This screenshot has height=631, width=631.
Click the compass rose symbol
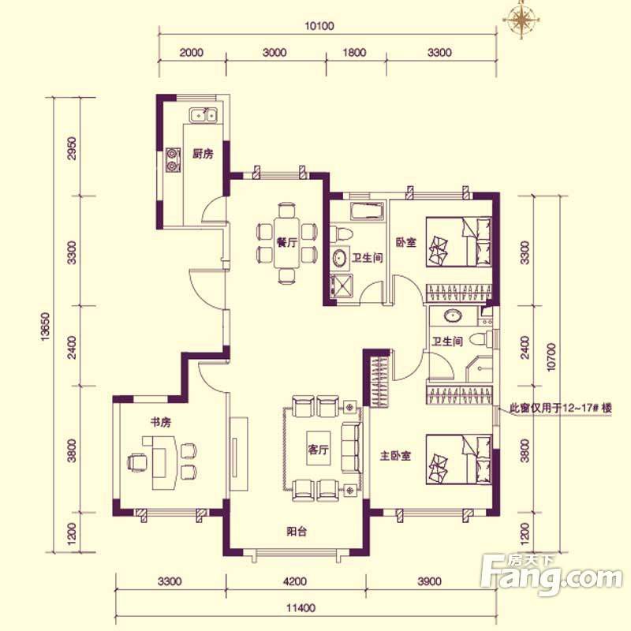point(522,19)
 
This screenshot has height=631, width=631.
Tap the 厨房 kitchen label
point(203,154)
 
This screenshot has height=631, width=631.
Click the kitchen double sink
point(203,114)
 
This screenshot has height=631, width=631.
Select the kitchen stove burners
point(173,160)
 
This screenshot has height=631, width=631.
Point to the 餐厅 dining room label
point(287,243)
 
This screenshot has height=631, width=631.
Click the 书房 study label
point(161,422)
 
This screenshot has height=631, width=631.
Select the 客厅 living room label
point(319,449)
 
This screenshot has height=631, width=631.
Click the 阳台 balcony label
point(297,531)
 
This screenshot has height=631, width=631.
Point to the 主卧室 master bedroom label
point(396,456)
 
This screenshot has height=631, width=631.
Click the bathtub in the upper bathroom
point(367,211)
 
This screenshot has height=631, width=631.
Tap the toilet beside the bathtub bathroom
point(342,234)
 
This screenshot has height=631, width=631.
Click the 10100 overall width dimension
point(319,26)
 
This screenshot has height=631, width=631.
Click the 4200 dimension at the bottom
point(295,581)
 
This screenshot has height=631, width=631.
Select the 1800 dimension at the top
point(354,53)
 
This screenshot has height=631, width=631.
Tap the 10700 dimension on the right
point(551,357)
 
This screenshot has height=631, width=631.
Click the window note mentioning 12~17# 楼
point(561,408)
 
